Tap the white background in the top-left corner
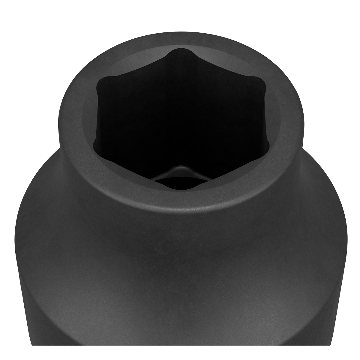pos(18,18)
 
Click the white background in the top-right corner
pos(342,18)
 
